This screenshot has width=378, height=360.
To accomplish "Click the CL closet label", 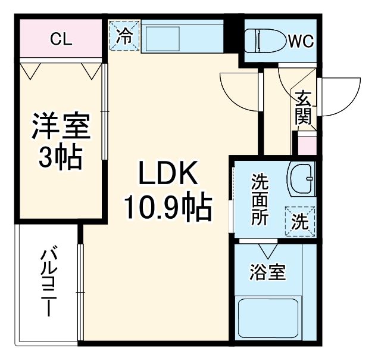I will point(61,39).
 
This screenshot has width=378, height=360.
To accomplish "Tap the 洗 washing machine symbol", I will point(301,222).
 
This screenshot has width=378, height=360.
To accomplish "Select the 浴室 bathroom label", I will point(267,273).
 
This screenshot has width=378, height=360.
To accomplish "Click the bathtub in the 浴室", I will point(268,318).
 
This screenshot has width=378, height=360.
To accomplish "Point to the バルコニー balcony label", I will point(49,283).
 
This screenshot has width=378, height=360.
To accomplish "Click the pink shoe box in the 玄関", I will point(307,145).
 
